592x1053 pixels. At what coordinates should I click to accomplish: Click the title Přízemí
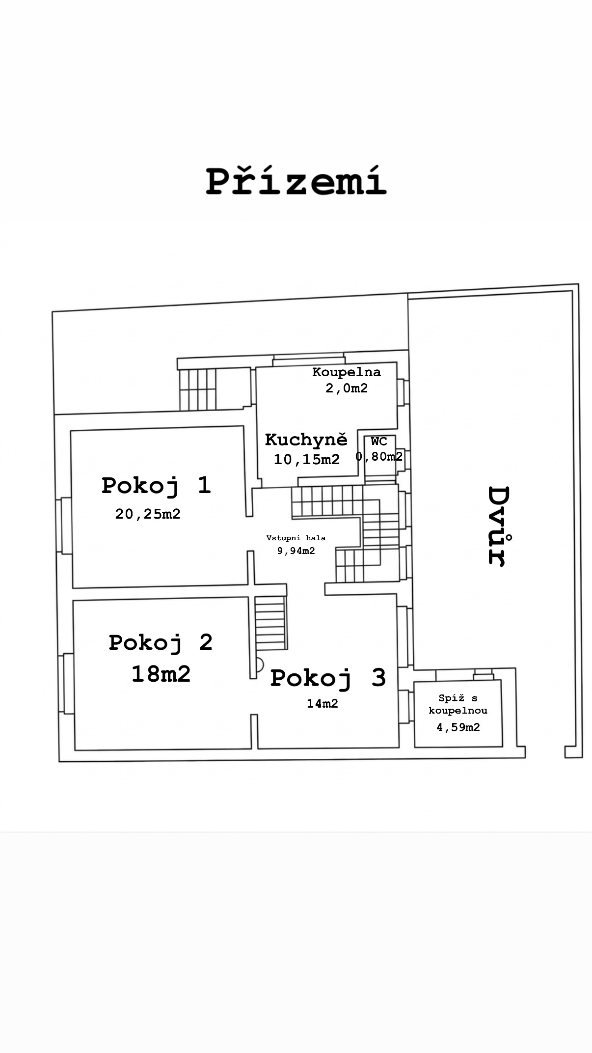pyautogui.click(x=296, y=180)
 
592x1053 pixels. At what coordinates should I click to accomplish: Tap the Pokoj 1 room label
pyautogui.click(x=156, y=485)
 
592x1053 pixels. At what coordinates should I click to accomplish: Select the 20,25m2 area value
pyautogui.click(x=148, y=514)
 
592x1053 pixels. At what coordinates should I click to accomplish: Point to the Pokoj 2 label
pyautogui.click(x=161, y=643)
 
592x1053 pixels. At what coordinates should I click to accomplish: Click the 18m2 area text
pyautogui.click(x=161, y=673)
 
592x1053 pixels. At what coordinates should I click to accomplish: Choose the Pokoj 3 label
pyautogui.click(x=328, y=678)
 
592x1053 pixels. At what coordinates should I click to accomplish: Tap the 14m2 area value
pyautogui.click(x=323, y=703)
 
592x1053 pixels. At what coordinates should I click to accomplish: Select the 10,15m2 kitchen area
pyautogui.click(x=307, y=459)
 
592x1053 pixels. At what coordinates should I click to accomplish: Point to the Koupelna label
pyautogui.click(x=347, y=372)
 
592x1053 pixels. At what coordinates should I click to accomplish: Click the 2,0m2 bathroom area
pyautogui.click(x=347, y=388)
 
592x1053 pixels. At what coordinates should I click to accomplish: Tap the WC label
pyautogui.click(x=379, y=441)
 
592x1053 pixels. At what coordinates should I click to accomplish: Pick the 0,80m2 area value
pyautogui.click(x=379, y=457)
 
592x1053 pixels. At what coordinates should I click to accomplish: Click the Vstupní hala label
pyautogui.click(x=296, y=538)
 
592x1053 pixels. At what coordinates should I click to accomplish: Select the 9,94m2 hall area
pyautogui.click(x=296, y=551)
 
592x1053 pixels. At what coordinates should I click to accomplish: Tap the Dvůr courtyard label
pyautogui.click(x=498, y=526)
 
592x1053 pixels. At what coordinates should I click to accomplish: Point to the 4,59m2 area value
pyautogui.click(x=458, y=727)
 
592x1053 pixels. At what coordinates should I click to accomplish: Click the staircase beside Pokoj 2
pyautogui.click(x=270, y=623)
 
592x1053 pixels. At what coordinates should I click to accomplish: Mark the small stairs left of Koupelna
pyautogui.click(x=198, y=389)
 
